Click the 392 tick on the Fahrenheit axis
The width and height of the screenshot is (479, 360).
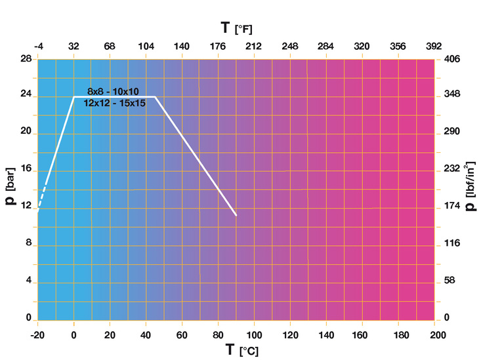[x=434, y=47]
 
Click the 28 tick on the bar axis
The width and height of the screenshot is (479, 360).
[x=26, y=59]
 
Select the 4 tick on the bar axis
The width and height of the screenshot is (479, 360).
[x=28, y=281]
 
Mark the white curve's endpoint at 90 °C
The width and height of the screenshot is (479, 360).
[x=236, y=215]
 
